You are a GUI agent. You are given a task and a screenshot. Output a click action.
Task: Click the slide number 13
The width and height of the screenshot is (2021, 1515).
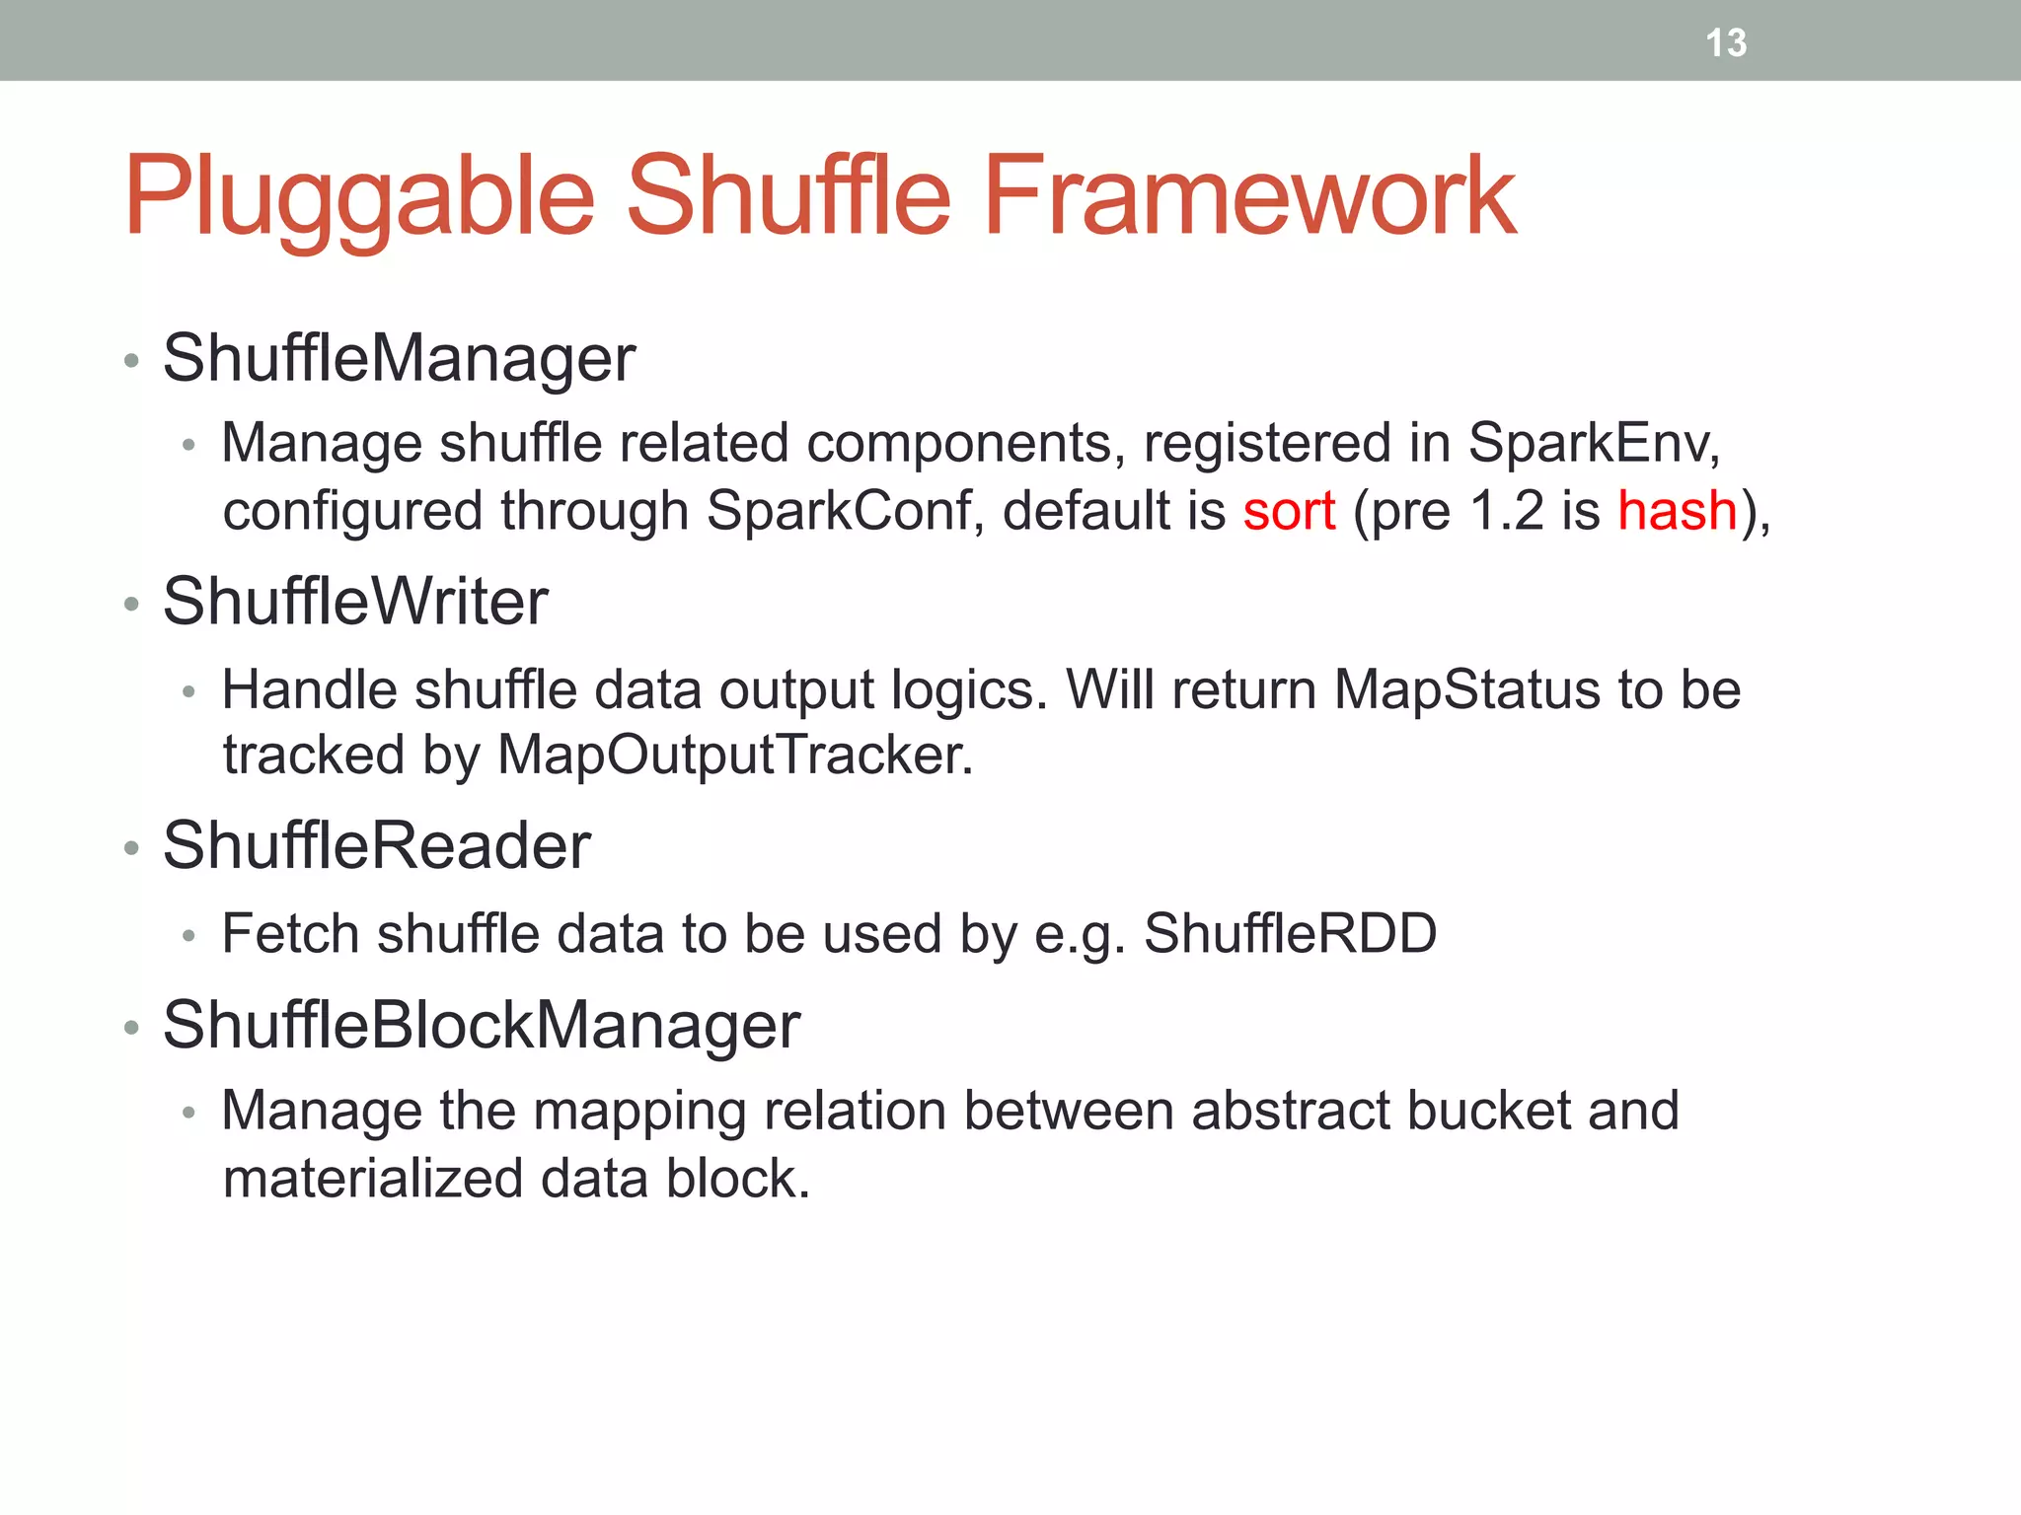[x=1726, y=43]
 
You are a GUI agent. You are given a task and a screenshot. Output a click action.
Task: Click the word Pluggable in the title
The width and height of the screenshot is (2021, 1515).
[x=359, y=197]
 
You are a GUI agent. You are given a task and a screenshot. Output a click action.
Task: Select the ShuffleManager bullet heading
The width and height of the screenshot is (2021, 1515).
[x=399, y=358]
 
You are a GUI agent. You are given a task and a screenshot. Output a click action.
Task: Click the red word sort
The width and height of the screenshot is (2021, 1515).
[x=1289, y=511]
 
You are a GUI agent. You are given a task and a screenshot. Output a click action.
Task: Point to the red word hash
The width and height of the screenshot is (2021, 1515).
[x=1677, y=511]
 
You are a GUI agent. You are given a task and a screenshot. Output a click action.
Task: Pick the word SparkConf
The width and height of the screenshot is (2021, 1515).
[x=839, y=511]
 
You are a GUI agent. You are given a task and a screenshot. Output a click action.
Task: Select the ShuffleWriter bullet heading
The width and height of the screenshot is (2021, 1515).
[x=355, y=602]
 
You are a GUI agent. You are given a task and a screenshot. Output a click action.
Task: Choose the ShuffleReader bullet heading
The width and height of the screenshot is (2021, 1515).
[x=376, y=846]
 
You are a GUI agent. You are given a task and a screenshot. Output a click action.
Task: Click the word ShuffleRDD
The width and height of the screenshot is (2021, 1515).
[x=1290, y=933]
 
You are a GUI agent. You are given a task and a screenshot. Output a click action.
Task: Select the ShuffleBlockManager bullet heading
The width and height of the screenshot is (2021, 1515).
[x=481, y=1026]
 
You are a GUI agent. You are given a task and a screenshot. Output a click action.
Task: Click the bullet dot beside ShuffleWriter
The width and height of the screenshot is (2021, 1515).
[x=131, y=604]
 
